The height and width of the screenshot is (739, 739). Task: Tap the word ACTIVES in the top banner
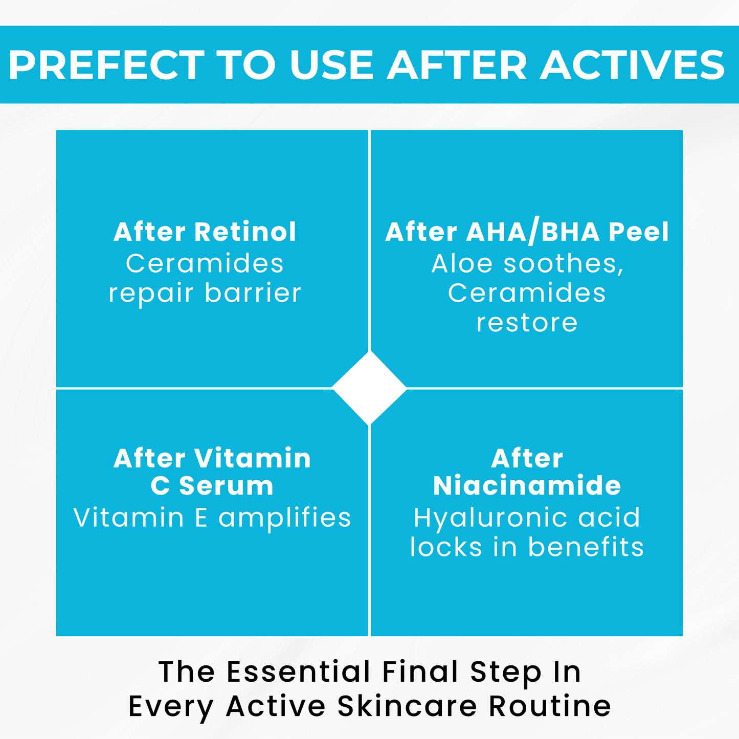click(x=632, y=65)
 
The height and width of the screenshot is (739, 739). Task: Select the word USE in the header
click(x=331, y=65)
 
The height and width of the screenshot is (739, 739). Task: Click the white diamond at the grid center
click(x=369, y=388)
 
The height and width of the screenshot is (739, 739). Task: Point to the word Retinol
click(x=245, y=232)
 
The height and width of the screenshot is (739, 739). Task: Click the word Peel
click(x=638, y=232)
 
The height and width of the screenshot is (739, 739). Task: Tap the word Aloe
click(x=462, y=263)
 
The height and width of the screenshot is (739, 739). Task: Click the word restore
click(x=527, y=323)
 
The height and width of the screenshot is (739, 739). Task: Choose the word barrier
click(x=253, y=293)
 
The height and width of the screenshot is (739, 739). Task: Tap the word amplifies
click(x=285, y=518)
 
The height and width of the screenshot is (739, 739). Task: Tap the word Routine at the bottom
click(x=550, y=706)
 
